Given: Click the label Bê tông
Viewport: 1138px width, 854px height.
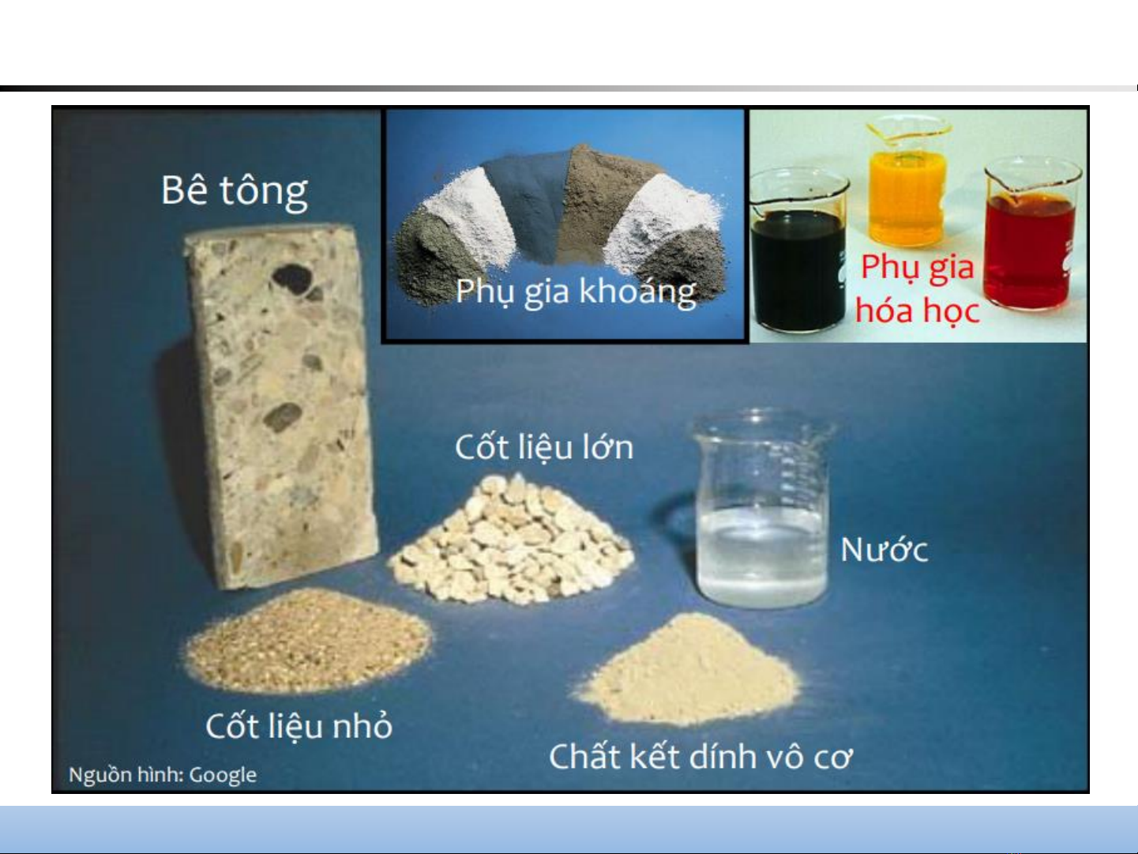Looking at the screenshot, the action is [x=235, y=192].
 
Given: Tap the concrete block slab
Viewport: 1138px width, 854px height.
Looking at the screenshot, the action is [x=280, y=405].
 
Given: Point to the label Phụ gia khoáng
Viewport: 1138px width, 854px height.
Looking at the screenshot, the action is [x=576, y=292].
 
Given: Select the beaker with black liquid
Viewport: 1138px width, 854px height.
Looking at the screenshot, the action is [x=799, y=251].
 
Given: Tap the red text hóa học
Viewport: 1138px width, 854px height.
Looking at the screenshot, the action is [x=917, y=311].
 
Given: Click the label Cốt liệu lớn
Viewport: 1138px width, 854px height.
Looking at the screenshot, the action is [x=544, y=447].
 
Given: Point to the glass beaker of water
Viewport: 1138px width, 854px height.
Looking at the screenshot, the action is [x=762, y=508].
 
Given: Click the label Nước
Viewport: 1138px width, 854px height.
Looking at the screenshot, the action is [x=884, y=550].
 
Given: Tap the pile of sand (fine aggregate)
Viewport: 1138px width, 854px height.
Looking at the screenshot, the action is [x=309, y=641].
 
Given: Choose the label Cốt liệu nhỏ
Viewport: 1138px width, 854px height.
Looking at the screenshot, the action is [x=299, y=725].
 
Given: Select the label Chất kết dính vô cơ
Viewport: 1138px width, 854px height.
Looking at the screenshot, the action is [x=700, y=757].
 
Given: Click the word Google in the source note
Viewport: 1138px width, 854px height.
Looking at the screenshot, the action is [x=223, y=776].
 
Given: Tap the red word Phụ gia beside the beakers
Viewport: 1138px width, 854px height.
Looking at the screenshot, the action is [x=917, y=268].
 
